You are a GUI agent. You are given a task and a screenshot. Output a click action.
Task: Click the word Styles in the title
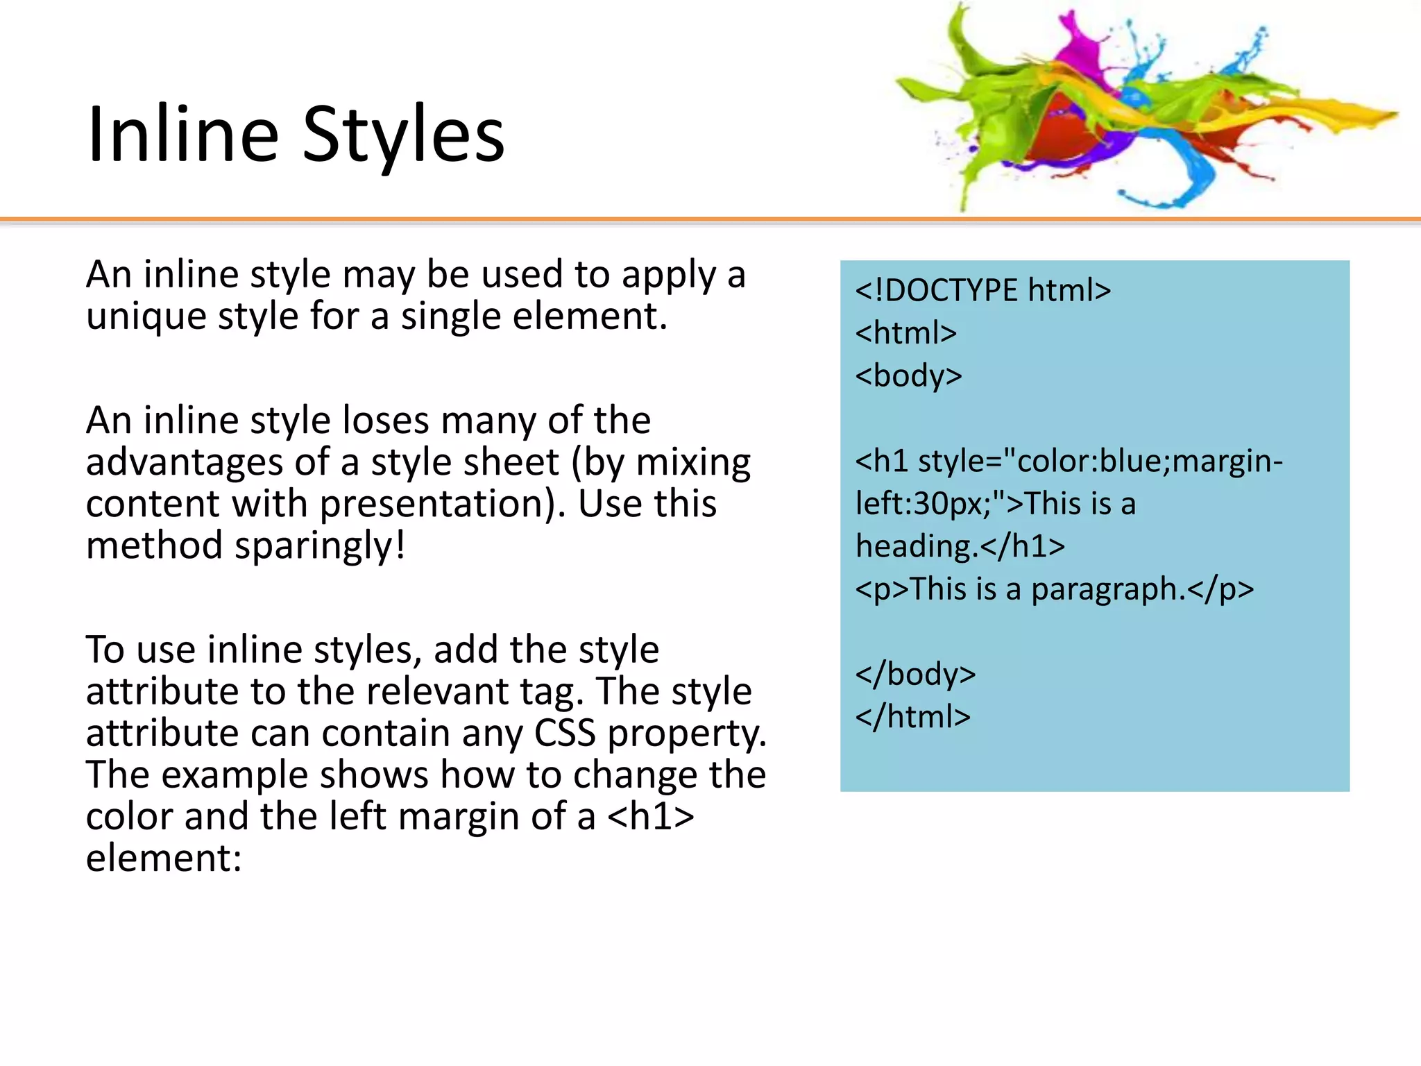(404, 135)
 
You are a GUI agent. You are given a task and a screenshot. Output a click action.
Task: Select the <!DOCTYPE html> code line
(982, 290)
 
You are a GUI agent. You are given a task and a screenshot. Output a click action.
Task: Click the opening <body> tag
(908, 375)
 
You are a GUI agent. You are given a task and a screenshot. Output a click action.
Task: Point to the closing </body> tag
(915, 674)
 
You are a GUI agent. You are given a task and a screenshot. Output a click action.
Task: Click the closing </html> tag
(912, 716)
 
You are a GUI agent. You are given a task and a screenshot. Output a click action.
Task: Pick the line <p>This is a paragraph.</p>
(1054, 589)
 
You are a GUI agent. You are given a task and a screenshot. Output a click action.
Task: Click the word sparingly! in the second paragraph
(320, 545)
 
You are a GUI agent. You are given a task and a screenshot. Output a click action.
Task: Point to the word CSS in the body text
(565, 733)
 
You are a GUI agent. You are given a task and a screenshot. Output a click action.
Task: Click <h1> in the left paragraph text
(650, 816)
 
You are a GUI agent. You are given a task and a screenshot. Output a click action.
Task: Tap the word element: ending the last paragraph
(164, 858)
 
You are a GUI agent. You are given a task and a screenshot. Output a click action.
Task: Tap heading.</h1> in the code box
(960, 546)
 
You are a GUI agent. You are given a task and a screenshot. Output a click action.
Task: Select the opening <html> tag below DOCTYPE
(905, 333)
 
